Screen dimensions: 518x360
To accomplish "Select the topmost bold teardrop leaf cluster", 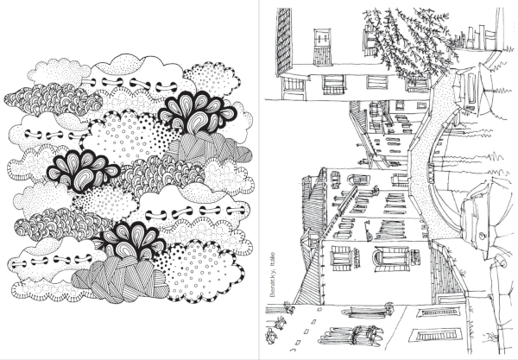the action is (197, 112).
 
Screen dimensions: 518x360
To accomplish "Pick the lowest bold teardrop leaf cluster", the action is (130, 240).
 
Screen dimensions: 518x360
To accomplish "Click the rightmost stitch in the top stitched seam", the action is (162, 87).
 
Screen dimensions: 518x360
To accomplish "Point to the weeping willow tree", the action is (409, 43).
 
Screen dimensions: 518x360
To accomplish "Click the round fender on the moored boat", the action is (483, 236).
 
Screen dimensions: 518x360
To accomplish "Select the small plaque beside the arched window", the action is (415, 257).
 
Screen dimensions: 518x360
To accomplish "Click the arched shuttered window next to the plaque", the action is (390, 259).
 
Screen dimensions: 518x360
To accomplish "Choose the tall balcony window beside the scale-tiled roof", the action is (323, 47).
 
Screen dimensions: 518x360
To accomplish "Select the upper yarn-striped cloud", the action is (209, 148).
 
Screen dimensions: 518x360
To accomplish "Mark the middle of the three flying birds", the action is (281, 322).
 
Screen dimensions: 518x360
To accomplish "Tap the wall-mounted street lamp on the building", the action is (368, 231).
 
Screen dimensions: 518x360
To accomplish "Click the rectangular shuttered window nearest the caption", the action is (342, 257).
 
